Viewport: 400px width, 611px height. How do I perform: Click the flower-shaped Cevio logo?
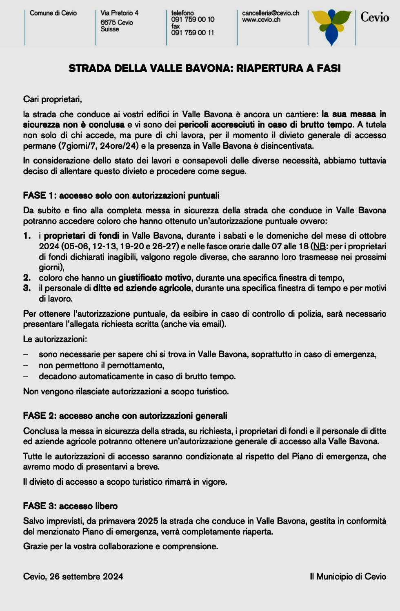pos(331,26)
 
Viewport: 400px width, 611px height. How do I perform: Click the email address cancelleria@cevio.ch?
pos(270,13)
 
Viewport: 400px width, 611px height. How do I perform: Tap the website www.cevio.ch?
pos(261,20)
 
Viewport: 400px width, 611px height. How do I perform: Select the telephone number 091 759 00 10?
pos(193,20)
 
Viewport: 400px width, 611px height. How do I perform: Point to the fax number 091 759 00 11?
pos(192,33)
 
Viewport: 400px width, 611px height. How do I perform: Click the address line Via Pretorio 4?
pos(119,13)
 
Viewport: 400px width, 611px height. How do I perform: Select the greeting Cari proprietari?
pos(52,99)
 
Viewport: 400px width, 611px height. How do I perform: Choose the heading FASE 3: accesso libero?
pos(70,506)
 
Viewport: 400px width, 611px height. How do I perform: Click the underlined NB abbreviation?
pos(319,246)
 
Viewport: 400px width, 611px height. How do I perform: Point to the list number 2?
pos(27,278)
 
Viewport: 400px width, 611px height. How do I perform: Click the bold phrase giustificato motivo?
pos(155,278)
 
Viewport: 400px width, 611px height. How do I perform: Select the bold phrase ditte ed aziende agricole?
pos(142,288)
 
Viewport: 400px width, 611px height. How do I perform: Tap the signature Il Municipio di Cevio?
pos(348,577)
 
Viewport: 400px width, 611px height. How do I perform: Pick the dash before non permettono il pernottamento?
pos(26,365)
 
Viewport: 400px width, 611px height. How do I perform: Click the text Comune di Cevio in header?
pos(53,13)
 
